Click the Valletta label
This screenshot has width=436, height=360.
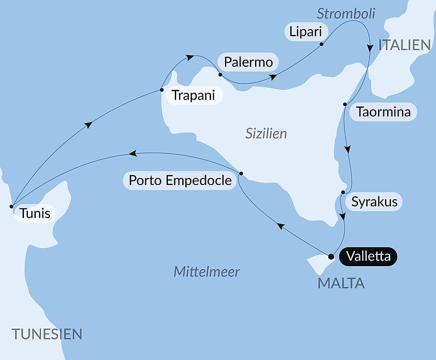[x=369, y=257]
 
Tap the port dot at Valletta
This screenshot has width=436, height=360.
[x=331, y=256]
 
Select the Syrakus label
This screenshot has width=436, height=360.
[x=374, y=202]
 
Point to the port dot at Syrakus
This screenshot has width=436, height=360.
[x=343, y=192]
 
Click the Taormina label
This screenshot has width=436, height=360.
[x=383, y=112]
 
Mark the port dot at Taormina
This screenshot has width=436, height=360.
[x=345, y=104]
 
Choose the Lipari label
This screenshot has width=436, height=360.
[x=306, y=32]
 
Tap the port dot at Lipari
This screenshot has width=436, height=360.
[x=321, y=44]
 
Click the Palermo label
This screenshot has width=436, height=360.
[x=248, y=62]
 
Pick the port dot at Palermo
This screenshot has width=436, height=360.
[x=220, y=75]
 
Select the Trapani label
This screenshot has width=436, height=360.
[x=193, y=95]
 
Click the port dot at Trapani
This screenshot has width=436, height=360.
[x=162, y=90]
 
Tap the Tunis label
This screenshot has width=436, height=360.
[x=34, y=214]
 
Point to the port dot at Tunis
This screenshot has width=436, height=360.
[x=11, y=206]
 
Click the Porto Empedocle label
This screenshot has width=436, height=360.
[x=180, y=180]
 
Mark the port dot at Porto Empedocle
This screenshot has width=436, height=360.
[x=241, y=173]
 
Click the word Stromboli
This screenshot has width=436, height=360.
[x=346, y=14]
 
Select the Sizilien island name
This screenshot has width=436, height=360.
[x=266, y=134]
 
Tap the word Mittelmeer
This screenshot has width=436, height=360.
[x=207, y=271]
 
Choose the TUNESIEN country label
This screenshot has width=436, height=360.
[x=47, y=334]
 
